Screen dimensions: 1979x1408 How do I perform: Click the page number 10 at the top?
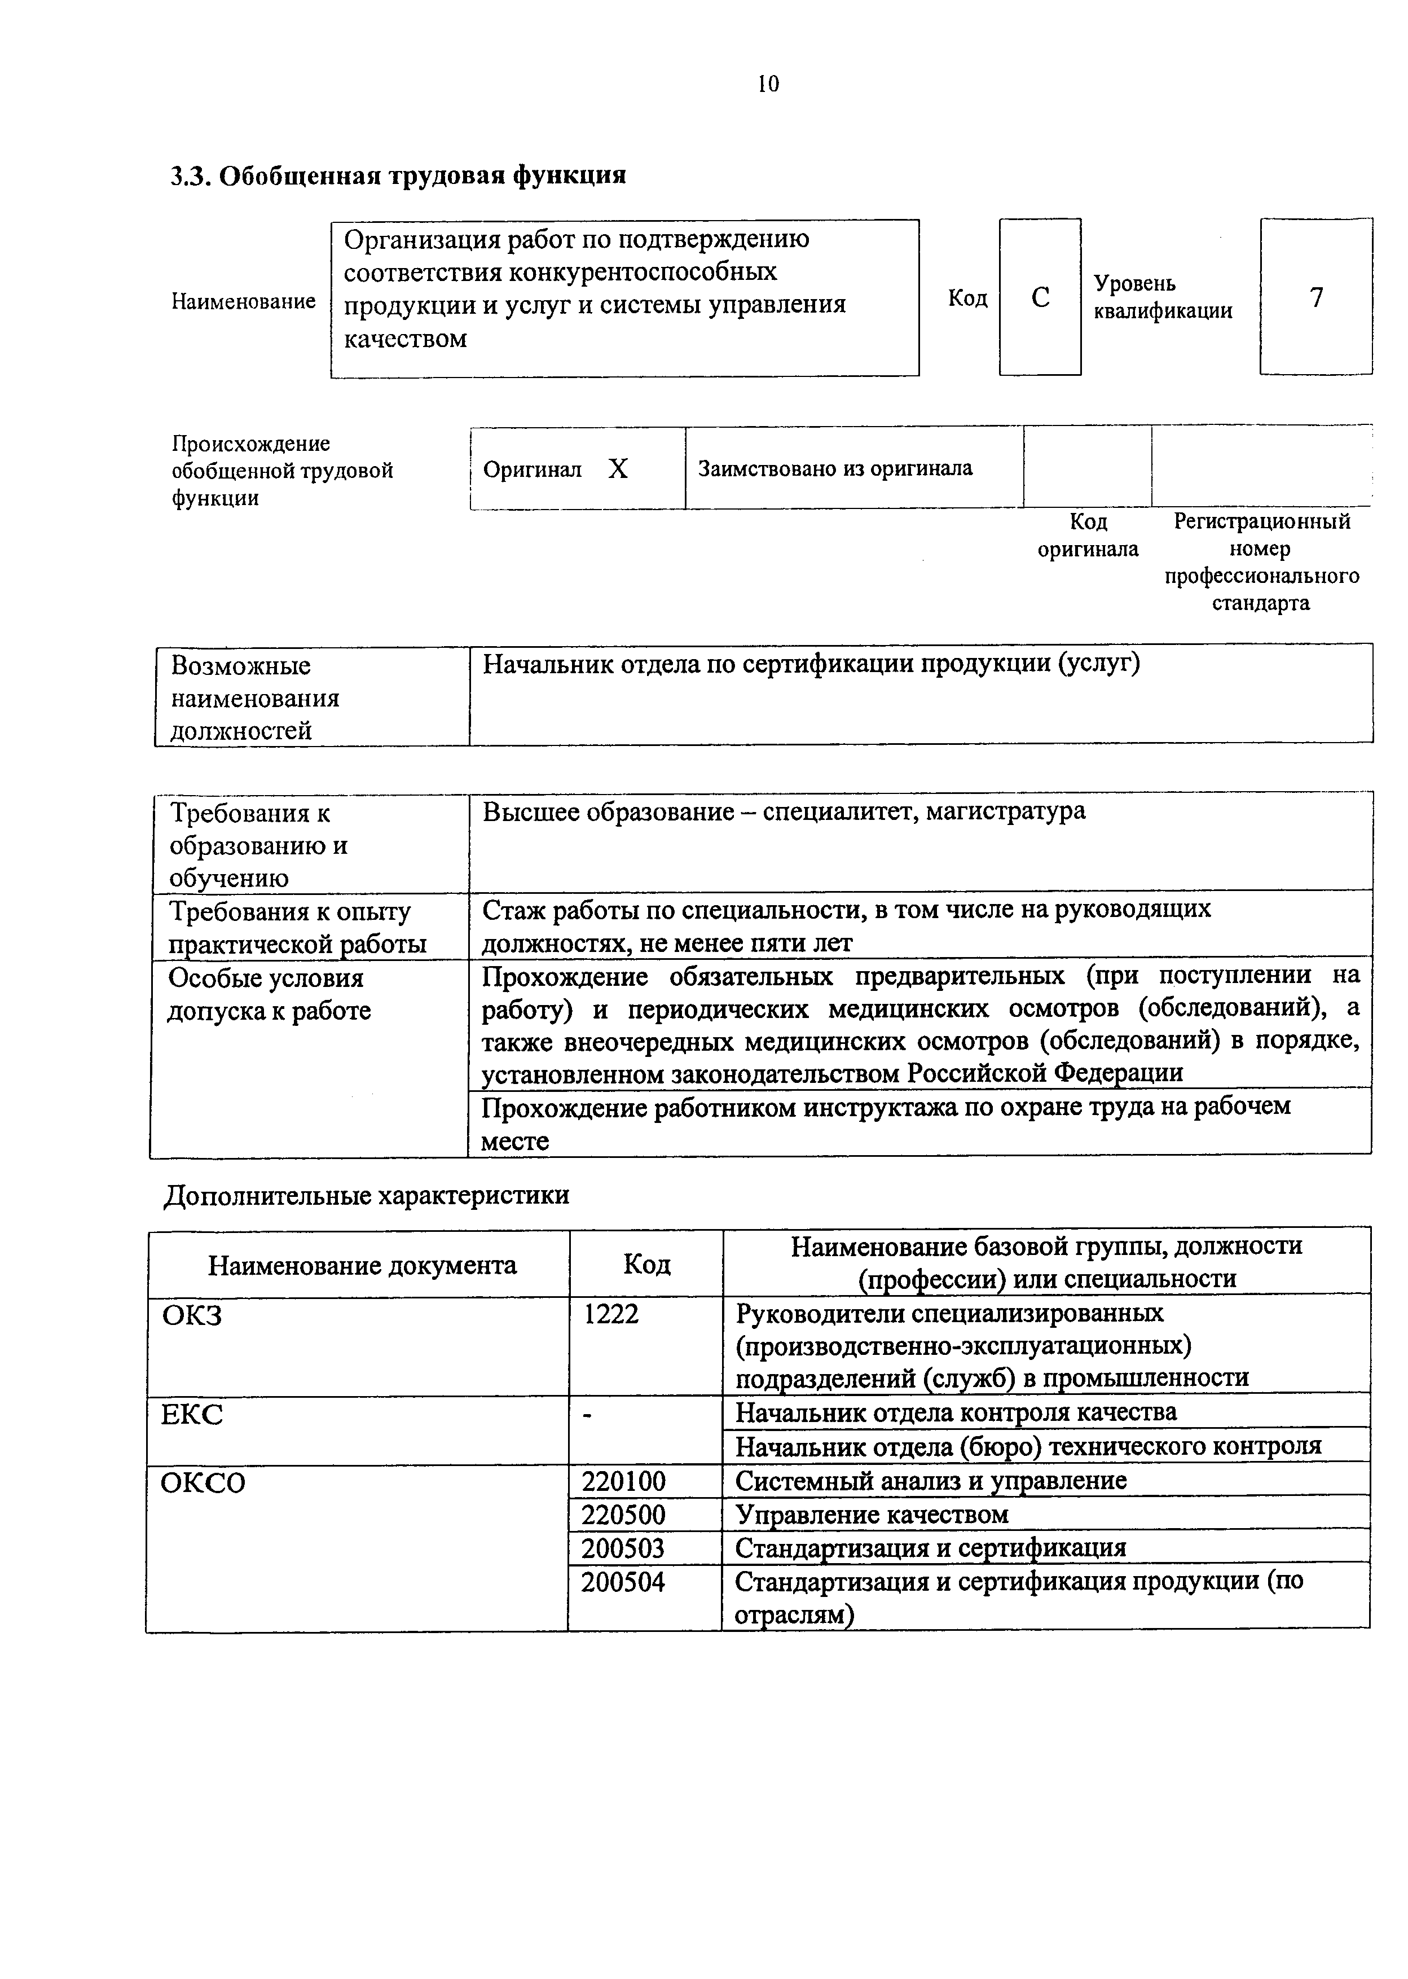tap(768, 84)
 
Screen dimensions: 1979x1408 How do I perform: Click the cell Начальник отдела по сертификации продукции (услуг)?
tap(811, 664)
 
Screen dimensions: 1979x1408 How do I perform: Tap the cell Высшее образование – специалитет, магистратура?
tap(784, 811)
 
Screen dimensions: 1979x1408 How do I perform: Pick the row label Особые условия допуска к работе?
tap(269, 995)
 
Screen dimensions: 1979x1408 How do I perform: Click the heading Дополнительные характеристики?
tap(367, 1195)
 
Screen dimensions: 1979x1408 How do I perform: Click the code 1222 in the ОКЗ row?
tap(611, 1315)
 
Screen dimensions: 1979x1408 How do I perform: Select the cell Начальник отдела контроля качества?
tap(956, 1412)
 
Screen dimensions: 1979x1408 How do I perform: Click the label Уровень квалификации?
tap(1162, 297)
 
